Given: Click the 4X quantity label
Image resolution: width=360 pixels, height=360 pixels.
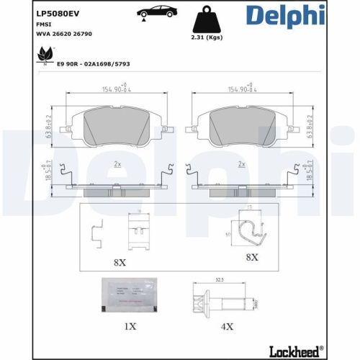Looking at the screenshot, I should point(226,326).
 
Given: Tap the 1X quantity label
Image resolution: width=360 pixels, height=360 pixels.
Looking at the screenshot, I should point(130,326).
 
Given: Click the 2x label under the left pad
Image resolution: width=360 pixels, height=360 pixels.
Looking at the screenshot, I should point(118,165).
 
